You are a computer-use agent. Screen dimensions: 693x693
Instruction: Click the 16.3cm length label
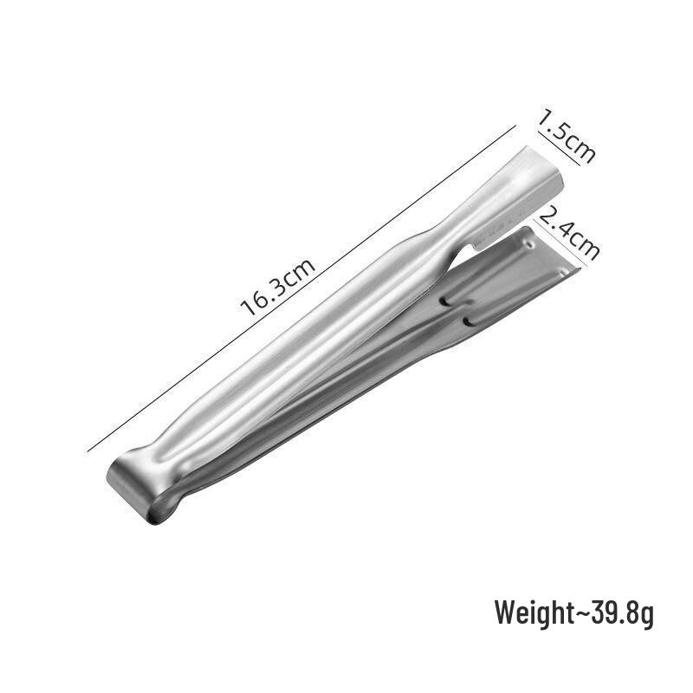pyautogui.click(x=277, y=287)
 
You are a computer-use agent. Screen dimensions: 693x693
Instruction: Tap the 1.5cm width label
pyautogui.click(x=567, y=136)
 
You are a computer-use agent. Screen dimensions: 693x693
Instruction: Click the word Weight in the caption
pyautogui.click(x=534, y=612)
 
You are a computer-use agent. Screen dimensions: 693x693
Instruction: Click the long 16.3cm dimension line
pyautogui.click(x=301, y=288)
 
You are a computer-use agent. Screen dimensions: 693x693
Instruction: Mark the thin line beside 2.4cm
pyautogui.click(x=560, y=243)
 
